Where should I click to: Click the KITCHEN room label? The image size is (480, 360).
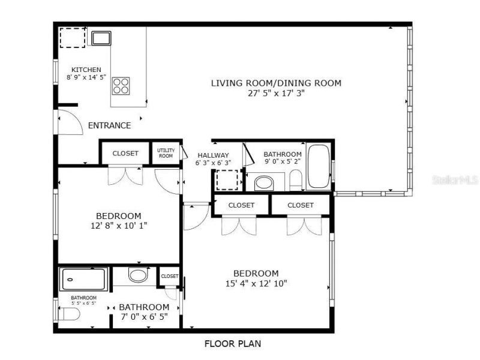click(x=86, y=70)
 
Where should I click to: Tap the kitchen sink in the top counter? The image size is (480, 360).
click(x=100, y=38)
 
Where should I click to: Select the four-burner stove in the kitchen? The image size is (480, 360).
click(x=121, y=85)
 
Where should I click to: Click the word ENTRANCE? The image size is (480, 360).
click(x=109, y=125)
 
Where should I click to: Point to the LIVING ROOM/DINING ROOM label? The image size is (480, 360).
click(x=276, y=83)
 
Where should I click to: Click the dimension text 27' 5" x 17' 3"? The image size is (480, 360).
click(x=276, y=93)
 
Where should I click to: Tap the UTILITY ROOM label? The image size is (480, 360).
click(x=166, y=153)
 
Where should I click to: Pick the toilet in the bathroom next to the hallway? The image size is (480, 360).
click(x=295, y=179)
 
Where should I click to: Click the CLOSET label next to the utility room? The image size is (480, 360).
click(x=125, y=154)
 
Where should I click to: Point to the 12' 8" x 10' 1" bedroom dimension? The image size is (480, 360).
click(x=118, y=226)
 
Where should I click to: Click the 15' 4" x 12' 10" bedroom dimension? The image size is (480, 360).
click(x=256, y=283)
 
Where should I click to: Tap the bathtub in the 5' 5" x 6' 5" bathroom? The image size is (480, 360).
click(x=83, y=280)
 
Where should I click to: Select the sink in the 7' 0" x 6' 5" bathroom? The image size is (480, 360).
click(x=138, y=276)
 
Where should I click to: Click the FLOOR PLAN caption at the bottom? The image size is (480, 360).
click(x=232, y=344)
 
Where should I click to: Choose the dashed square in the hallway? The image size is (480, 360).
click(x=227, y=180)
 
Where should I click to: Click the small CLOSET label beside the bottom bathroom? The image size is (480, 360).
click(x=169, y=276)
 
